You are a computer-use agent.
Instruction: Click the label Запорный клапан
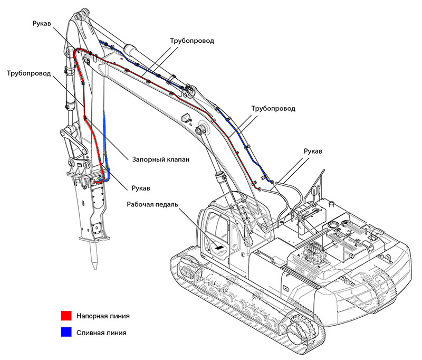[x=160, y=158]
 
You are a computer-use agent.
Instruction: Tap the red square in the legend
[x=65, y=316]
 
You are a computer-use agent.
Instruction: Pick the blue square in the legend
[x=65, y=333]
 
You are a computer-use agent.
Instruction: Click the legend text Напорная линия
[x=103, y=316]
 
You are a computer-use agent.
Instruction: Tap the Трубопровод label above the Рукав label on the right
[x=273, y=108]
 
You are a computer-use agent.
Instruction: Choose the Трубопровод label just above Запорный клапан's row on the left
[x=29, y=73]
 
